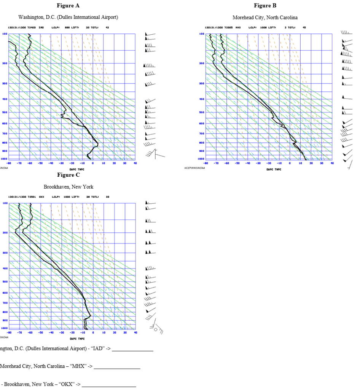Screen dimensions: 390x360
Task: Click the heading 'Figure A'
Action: (68, 6)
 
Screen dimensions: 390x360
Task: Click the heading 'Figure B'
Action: (265, 6)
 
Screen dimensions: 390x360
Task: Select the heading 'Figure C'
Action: (68, 175)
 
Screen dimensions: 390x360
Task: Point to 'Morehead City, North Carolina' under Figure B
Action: (265, 18)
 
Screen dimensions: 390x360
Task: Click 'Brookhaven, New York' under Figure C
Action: (68, 187)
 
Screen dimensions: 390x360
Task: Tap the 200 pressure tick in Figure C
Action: (5, 232)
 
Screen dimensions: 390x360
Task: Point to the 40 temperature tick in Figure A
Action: (135, 163)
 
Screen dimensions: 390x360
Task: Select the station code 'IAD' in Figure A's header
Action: (41, 27)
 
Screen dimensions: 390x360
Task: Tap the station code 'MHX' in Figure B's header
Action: (238, 27)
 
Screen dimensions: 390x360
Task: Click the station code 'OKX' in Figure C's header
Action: (41, 197)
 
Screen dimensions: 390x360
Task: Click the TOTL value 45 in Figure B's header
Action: (304, 27)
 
